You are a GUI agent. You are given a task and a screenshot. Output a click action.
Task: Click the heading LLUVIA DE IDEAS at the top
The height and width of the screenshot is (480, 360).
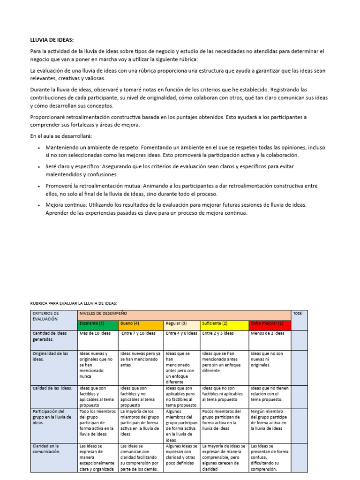tap(52, 40)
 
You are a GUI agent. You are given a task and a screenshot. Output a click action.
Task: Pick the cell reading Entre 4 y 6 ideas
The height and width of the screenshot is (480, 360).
tap(182, 333)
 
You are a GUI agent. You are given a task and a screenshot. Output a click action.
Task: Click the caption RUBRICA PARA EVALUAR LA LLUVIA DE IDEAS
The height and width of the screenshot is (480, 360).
tap(73, 303)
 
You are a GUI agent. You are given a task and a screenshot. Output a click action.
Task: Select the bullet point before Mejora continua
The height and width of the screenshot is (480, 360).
tap(38, 205)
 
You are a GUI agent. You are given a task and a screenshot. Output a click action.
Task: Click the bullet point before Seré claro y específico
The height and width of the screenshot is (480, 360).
tap(38, 166)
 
